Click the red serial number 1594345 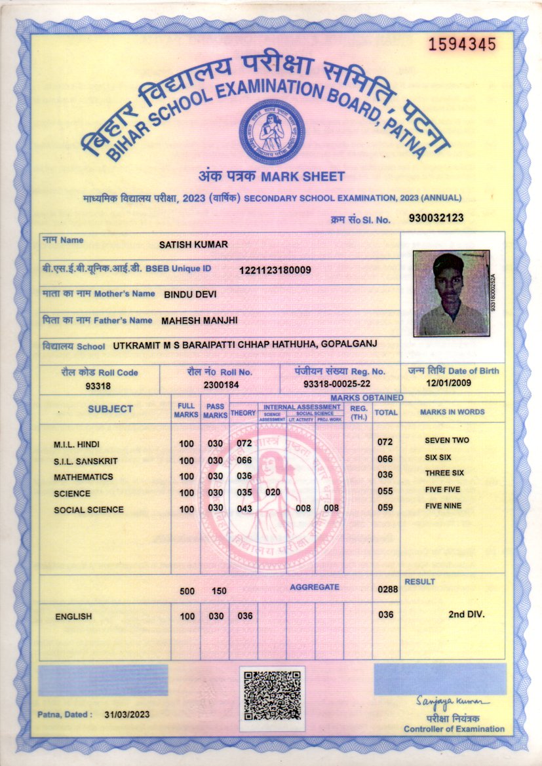coord(461,45)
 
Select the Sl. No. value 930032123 coord(436,218)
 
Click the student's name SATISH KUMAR coord(193,244)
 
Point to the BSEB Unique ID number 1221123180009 coord(275,270)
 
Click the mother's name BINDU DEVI coord(190,294)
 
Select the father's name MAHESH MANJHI coord(199,320)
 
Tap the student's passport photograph coord(451,293)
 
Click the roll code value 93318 coord(98,385)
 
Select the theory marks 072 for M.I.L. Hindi coord(244,444)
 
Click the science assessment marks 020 coord(272,491)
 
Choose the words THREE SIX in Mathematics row coord(444,473)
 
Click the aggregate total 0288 coord(387,589)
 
